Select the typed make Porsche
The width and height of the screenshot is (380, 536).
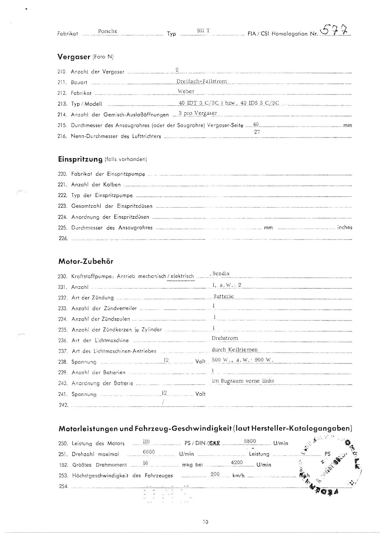pos(108,31)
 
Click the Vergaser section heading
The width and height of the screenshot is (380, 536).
pos(74,57)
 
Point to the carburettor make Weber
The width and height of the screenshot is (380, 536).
pos(186,91)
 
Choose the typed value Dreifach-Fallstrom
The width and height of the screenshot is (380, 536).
pos(202,81)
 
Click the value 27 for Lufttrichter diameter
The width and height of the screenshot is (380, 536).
pos(257,132)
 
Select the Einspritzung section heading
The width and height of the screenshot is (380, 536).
pos(80,159)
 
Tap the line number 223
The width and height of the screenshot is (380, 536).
pos(62,206)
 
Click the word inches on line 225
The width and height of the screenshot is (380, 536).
pos(345,227)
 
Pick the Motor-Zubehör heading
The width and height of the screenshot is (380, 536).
pos(86,262)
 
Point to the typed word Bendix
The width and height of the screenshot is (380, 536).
pos(221,273)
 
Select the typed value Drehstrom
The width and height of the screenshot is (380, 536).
pos(225,338)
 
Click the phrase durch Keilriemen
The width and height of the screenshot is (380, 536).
pos(234,349)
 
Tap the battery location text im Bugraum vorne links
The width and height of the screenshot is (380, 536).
pos(243,381)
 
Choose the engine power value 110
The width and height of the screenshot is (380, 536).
pos(146,441)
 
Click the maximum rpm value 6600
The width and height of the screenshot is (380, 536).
pos(149,452)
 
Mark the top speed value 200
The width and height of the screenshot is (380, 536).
pos(215,474)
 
